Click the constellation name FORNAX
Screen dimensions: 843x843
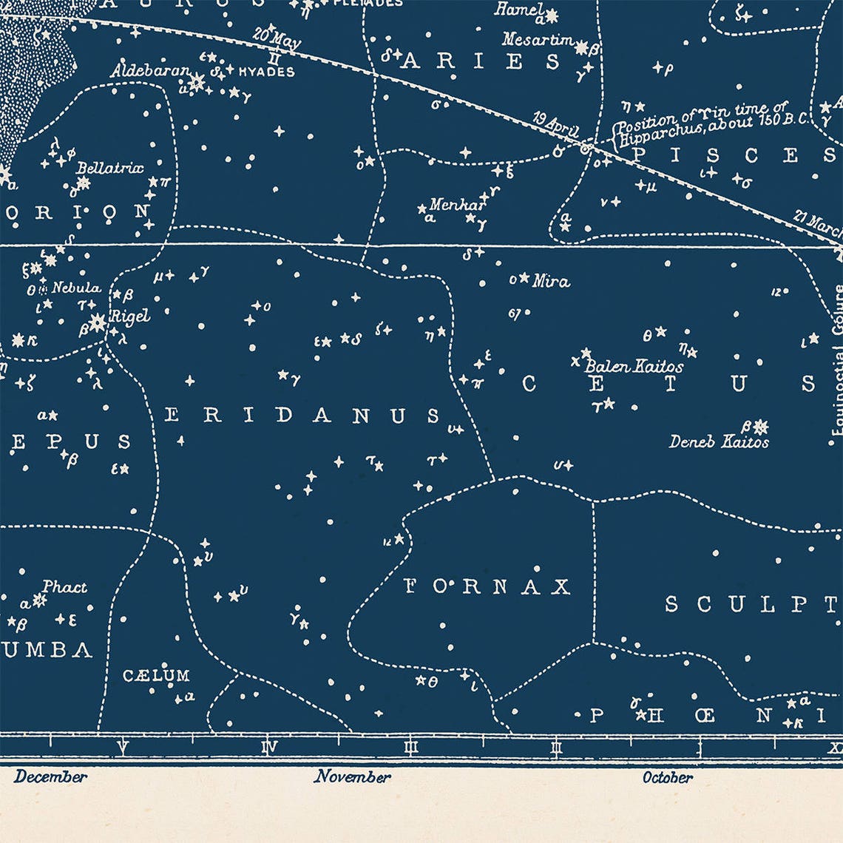[488, 587]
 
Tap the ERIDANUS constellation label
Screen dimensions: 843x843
[302, 416]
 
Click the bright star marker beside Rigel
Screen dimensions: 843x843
[97, 322]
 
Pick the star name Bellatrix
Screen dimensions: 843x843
[109, 168]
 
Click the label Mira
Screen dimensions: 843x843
[551, 281]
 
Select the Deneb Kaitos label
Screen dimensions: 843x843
[719, 442]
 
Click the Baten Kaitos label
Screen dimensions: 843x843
[634, 366]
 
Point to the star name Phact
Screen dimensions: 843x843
[64, 587]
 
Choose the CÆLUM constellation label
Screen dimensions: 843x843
[156, 675]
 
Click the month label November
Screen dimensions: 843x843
[352, 777]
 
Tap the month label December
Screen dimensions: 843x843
[50, 777]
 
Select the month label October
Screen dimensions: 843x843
[667, 777]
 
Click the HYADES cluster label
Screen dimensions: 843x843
[265, 72]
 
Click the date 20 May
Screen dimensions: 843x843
[277, 37]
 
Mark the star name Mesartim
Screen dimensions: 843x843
[538, 40]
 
